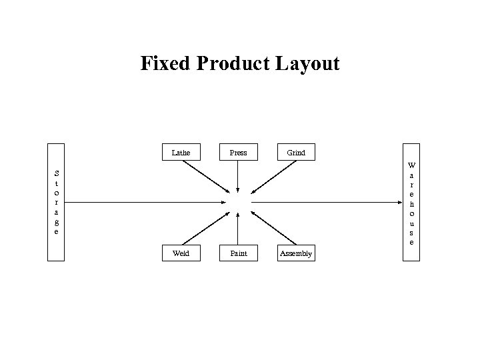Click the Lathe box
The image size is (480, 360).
[x=181, y=153]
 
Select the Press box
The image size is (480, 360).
[x=238, y=153]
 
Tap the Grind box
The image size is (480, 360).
[x=296, y=153]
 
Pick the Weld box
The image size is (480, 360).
[x=181, y=253]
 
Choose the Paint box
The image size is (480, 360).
[x=238, y=253]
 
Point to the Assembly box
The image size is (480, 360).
[x=296, y=253]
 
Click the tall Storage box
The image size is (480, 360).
[x=56, y=202]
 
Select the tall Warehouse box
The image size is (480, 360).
[x=411, y=202]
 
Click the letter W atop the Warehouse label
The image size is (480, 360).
[x=411, y=165]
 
